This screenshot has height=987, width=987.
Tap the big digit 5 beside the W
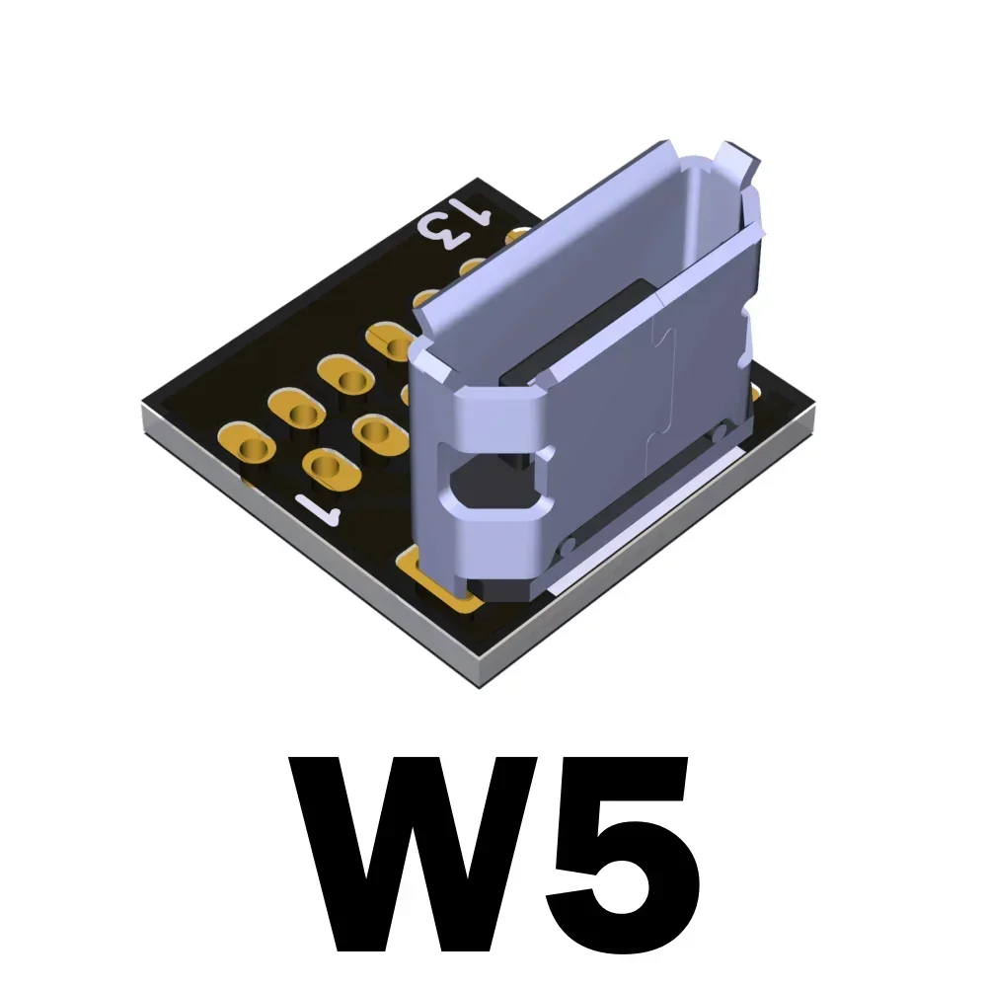[617, 854]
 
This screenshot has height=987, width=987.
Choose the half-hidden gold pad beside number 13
[516, 238]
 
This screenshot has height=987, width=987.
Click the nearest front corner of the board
[481, 681]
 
